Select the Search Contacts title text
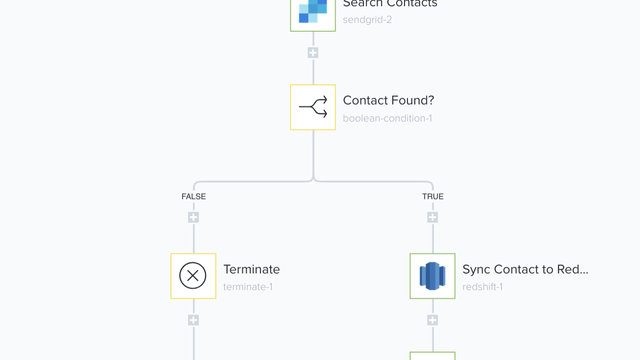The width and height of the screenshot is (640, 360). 390,4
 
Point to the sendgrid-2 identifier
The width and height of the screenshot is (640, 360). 367,19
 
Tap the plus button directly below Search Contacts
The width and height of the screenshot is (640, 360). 313,53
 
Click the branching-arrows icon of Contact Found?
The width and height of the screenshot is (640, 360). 313,107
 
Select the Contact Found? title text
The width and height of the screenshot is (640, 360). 388,100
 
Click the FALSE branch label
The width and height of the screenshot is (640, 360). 193,197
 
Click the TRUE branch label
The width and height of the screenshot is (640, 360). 432,197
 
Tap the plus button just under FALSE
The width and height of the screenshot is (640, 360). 193,217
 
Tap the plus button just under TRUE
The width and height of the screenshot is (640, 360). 432,217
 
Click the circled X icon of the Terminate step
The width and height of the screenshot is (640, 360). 193,276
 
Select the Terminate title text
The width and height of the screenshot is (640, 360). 251,269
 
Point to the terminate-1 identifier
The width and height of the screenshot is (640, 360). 247,287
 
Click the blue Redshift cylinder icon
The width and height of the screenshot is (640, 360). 432,276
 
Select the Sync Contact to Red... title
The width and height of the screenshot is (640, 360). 525,269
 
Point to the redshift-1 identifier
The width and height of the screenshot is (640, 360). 482,287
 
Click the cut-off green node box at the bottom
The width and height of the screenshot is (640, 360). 432,355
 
